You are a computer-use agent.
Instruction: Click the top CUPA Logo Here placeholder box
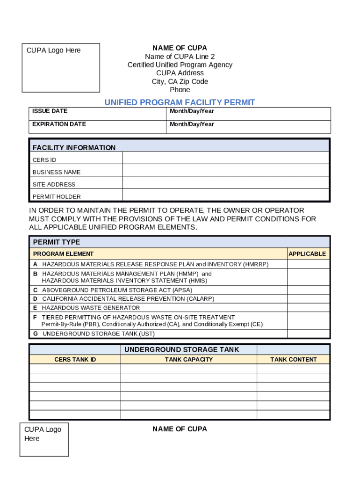point(61,68)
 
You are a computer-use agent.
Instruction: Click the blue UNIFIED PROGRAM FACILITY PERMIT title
point(180,102)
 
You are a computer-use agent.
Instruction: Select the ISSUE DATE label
point(50,111)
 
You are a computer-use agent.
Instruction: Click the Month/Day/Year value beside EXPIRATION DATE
point(192,124)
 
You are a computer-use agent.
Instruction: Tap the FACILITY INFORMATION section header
point(74,148)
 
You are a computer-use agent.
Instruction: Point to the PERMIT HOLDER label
point(57,197)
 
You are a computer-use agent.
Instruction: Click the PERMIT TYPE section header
point(57,242)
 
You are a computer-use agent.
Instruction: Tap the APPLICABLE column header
point(307,254)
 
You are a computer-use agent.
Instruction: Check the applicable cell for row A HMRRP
point(308,264)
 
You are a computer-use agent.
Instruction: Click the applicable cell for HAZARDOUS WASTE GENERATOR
point(308,308)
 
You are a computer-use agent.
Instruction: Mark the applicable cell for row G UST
point(308,334)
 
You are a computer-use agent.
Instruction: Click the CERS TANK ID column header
point(75,360)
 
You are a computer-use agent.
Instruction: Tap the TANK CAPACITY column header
point(188,360)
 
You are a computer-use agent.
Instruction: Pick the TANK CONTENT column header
point(293,360)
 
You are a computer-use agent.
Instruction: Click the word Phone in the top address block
point(180,90)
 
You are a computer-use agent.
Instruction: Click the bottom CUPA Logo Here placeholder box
point(44,439)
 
